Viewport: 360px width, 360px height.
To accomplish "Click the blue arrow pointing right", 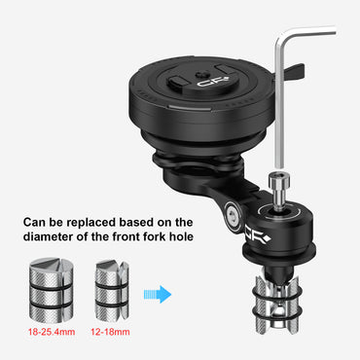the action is (x=158, y=295).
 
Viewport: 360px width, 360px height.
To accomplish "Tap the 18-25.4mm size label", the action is (x=52, y=332).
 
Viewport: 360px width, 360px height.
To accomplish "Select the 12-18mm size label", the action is (x=110, y=332).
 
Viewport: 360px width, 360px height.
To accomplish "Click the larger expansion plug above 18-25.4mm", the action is (x=52, y=290).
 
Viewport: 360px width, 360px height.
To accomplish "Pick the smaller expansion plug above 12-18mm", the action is (x=112, y=290).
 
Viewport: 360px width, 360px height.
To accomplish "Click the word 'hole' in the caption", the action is (x=181, y=236).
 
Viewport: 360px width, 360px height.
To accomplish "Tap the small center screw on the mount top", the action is (x=198, y=75).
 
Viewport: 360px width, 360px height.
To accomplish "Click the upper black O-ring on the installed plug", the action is (x=276, y=290).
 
